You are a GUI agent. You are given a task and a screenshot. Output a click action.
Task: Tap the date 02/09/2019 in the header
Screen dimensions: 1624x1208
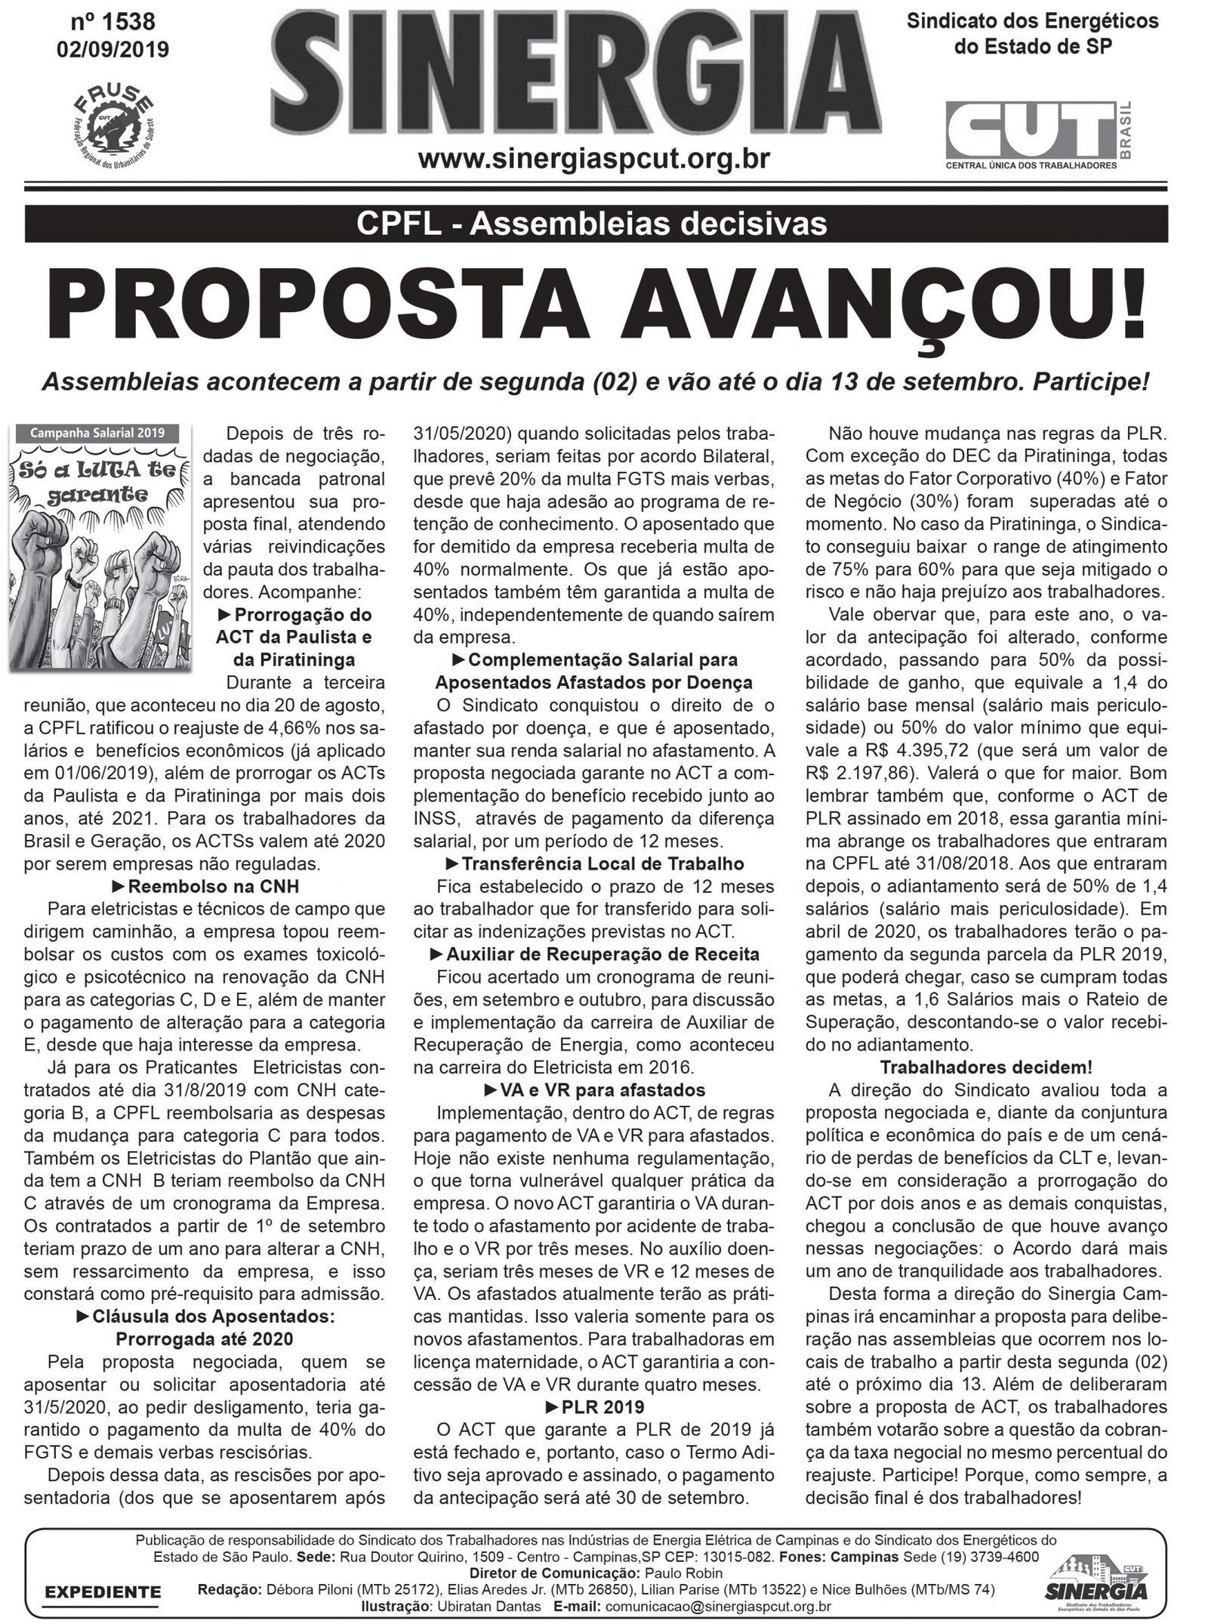(x=112, y=50)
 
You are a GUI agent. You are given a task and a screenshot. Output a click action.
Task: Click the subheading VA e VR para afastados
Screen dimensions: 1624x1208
(x=593, y=1090)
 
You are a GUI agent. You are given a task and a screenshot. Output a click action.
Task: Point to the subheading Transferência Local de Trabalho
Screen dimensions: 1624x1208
(x=594, y=863)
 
